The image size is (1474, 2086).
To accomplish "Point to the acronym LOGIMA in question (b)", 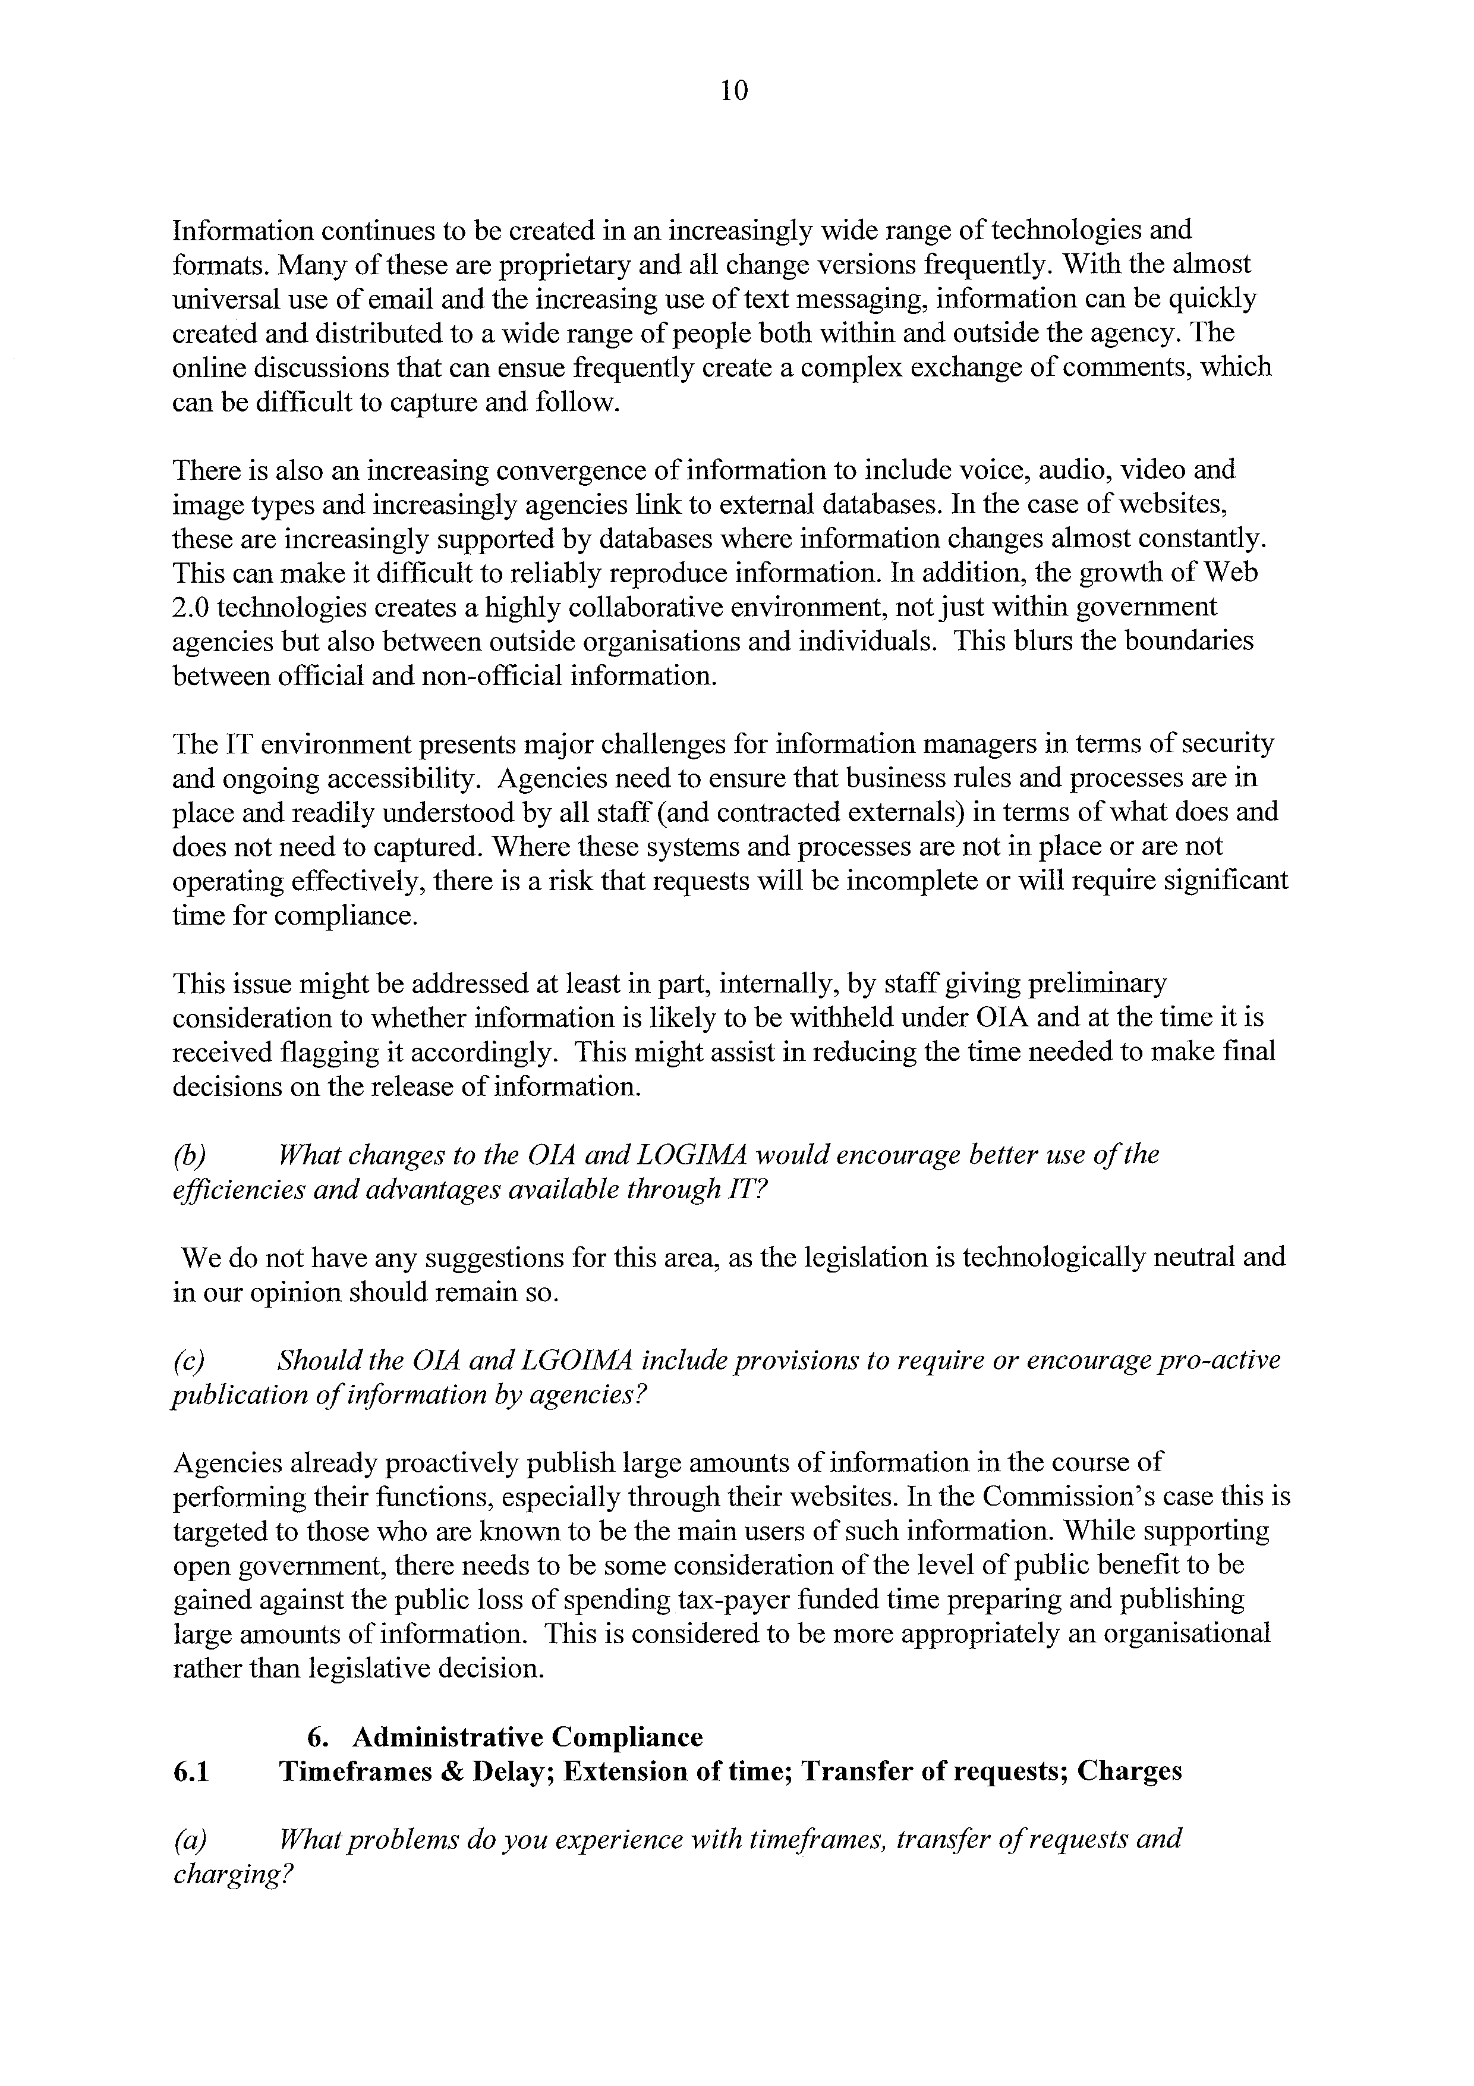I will [x=688, y=1155].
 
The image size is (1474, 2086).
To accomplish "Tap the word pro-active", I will [x=1218, y=1361].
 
